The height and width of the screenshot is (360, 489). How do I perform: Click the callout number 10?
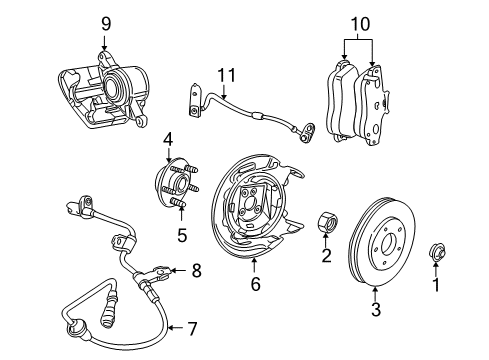360,23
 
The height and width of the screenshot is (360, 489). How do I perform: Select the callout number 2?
326,284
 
